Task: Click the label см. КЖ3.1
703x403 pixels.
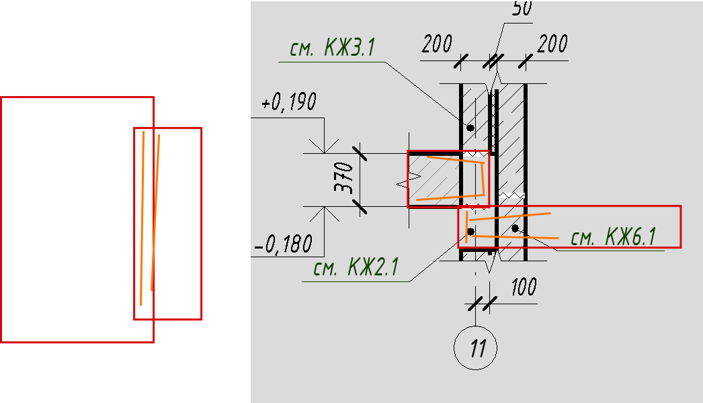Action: (x=332, y=49)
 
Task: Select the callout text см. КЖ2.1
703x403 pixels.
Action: (x=356, y=268)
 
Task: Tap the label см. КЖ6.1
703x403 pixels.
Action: (x=613, y=237)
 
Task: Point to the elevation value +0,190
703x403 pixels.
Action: (x=289, y=103)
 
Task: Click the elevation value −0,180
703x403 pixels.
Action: (x=284, y=244)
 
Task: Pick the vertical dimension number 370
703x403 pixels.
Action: (x=344, y=177)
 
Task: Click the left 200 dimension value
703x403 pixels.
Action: (x=437, y=44)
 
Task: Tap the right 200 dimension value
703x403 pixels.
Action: (x=553, y=44)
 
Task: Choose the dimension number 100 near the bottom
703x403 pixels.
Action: (x=524, y=287)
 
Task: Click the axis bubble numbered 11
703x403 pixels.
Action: (x=476, y=349)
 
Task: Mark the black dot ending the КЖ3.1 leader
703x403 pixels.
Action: (x=470, y=128)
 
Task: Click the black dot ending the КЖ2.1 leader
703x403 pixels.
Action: (x=470, y=232)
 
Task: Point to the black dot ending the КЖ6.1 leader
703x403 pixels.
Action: (x=515, y=228)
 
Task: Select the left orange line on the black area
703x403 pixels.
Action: (x=142, y=218)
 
